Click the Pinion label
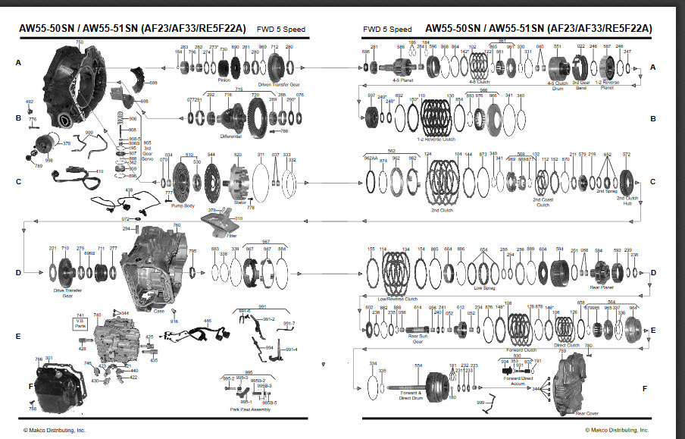point(224,78)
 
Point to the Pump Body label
point(185,205)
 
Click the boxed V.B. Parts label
point(80,321)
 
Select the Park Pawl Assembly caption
point(249,409)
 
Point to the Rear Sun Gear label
point(418,339)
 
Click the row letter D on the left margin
point(18,274)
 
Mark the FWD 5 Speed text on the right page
point(386,29)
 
